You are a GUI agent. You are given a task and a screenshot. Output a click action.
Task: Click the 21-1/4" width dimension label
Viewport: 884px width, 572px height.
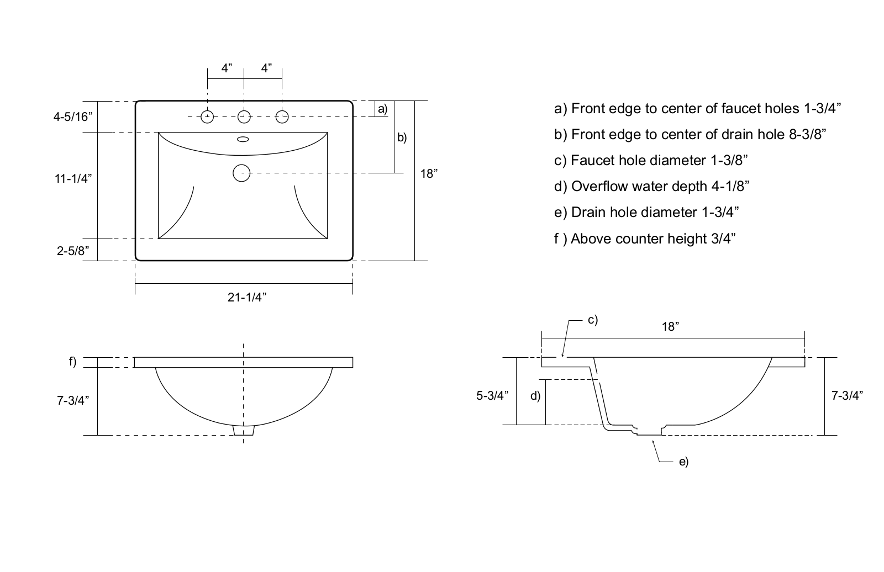(246, 297)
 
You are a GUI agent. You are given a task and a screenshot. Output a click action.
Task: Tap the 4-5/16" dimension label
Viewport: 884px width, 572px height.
(73, 116)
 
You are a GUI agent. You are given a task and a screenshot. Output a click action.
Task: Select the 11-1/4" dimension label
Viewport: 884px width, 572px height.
(73, 178)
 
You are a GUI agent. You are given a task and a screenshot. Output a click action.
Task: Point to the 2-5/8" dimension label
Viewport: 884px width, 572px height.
(73, 251)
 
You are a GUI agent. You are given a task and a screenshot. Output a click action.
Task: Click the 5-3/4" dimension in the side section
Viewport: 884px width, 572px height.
(492, 395)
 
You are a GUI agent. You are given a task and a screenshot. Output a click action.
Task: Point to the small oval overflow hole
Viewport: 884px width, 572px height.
(243, 139)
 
